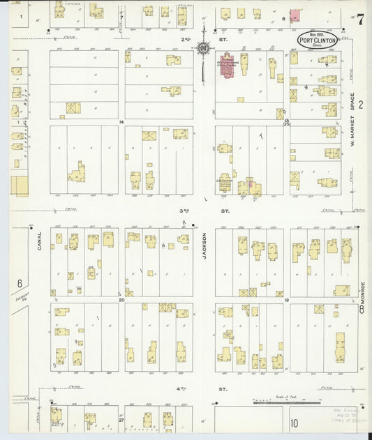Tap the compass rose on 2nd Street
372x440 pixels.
(204, 48)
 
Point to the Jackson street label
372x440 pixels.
(205, 265)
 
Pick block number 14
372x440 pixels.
(121, 122)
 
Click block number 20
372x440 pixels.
(121, 300)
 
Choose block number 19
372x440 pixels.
(287, 299)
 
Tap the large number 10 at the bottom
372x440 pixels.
(295, 423)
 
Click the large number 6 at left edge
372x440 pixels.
(20, 283)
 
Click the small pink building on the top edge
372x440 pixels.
(296, 15)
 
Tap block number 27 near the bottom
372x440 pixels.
(121, 420)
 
